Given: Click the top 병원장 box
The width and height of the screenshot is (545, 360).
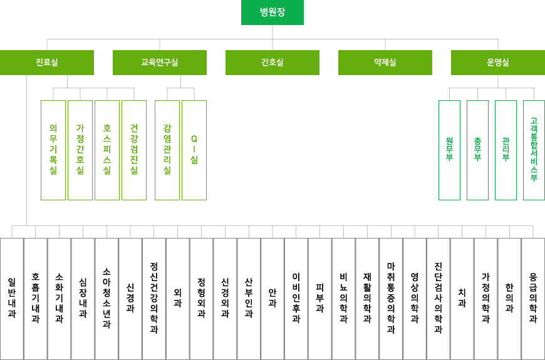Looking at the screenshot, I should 272,13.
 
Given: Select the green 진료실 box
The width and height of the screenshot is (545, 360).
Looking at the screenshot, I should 47,63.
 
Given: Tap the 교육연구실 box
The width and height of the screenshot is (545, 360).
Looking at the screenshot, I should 160,63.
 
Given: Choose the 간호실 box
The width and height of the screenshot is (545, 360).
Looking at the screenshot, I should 272,63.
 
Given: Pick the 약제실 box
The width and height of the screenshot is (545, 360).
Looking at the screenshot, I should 385,63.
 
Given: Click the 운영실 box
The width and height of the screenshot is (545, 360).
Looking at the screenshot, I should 498,63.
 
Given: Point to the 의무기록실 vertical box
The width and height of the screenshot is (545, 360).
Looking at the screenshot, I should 53,150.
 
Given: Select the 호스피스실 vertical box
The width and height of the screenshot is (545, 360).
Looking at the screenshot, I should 107,150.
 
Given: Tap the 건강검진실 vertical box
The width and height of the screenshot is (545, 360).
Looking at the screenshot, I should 134,150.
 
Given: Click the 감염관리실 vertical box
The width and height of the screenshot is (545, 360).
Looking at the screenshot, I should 167,150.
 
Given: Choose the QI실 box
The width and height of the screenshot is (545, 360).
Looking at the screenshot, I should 194,150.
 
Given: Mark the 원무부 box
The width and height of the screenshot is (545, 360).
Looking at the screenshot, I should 450,150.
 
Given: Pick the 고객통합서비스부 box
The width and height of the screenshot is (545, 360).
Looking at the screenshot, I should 534,150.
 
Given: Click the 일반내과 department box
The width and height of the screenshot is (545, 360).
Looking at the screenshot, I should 12,299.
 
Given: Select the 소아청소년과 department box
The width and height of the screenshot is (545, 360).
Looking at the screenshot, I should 106,299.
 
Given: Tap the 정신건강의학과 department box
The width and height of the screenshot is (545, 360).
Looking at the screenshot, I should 154,299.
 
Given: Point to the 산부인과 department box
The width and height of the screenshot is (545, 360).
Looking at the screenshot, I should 249,299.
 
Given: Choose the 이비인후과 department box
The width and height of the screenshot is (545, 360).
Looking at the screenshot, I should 296,299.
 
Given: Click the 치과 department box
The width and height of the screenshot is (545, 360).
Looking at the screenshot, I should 462,299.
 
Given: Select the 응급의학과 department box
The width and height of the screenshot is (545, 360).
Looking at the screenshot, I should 533,299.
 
